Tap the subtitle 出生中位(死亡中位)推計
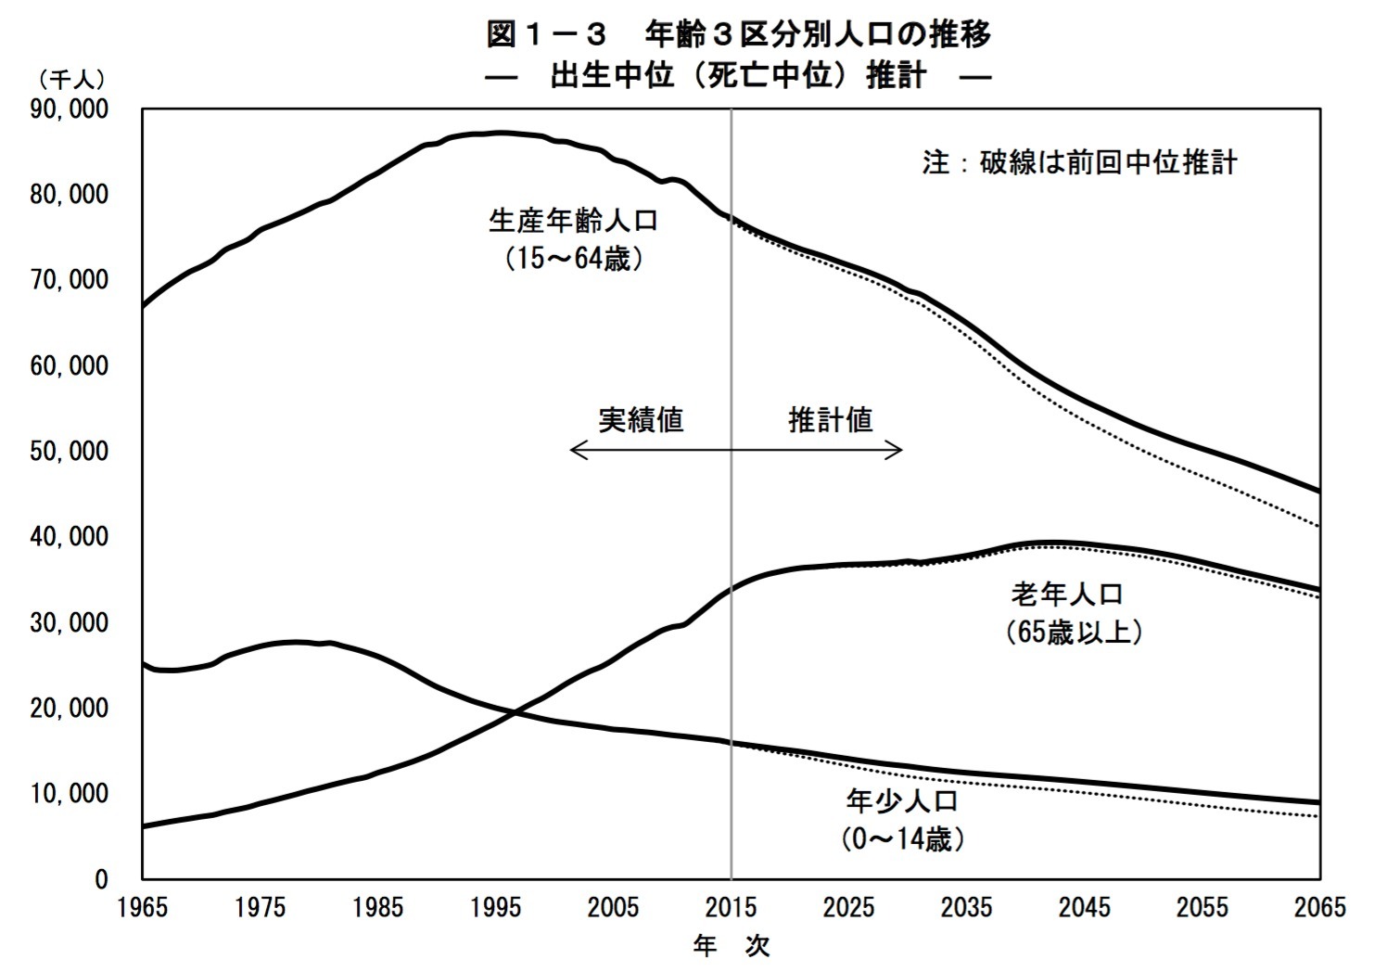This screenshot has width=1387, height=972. coord(739,75)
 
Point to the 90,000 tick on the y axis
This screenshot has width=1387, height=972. coord(70,109)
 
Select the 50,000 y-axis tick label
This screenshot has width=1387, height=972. coord(70,452)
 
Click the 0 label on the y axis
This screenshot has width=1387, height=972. coord(101,879)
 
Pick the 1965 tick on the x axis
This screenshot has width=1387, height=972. coord(143,907)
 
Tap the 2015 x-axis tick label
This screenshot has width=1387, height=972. coord(731,907)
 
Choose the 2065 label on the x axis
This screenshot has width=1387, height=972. coord(1318,907)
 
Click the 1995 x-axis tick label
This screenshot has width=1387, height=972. coord(495,907)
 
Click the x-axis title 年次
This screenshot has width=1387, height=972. coord(732,946)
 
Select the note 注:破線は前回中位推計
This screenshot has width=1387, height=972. coord(1079,162)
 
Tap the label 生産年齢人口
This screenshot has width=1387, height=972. coord(573,221)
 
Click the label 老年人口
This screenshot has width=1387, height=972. coord(1067,594)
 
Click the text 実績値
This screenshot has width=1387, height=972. coord(641,420)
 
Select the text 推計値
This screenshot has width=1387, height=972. coord(830,420)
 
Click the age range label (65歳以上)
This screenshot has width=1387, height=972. coord(1073,633)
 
